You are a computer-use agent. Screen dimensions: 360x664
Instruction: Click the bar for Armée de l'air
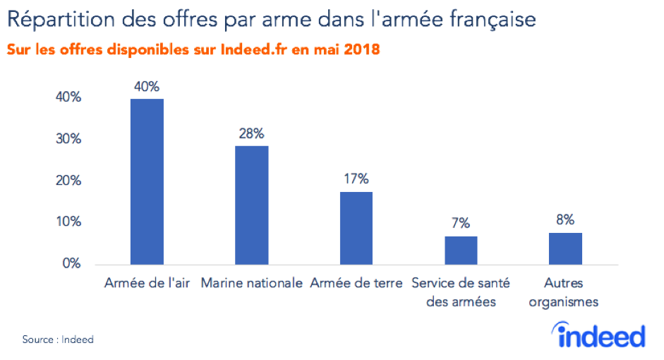(x=147, y=181)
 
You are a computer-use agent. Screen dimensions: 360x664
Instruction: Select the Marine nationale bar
(x=251, y=205)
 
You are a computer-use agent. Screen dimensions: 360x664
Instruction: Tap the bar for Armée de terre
(x=356, y=228)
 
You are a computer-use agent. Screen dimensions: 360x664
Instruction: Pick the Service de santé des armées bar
(x=461, y=250)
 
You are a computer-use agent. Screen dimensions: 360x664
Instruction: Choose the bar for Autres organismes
(x=565, y=248)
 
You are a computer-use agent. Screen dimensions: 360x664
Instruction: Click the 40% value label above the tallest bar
(x=147, y=87)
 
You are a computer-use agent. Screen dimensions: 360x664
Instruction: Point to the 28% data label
(x=251, y=133)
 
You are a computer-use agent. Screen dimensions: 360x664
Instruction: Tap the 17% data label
(x=356, y=179)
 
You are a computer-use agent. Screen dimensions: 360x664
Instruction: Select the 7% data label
(x=461, y=223)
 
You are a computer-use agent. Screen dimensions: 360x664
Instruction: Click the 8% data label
(x=565, y=219)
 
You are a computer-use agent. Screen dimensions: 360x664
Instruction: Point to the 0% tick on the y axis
(x=72, y=264)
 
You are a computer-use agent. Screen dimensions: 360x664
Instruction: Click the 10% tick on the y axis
(x=68, y=222)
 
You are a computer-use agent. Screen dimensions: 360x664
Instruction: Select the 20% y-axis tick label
(x=68, y=181)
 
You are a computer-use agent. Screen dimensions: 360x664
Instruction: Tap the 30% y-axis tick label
(x=68, y=139)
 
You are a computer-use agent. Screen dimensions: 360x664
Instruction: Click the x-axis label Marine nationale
(x=251, y=284)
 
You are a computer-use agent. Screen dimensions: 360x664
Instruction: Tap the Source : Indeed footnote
(x=58, y=340)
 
